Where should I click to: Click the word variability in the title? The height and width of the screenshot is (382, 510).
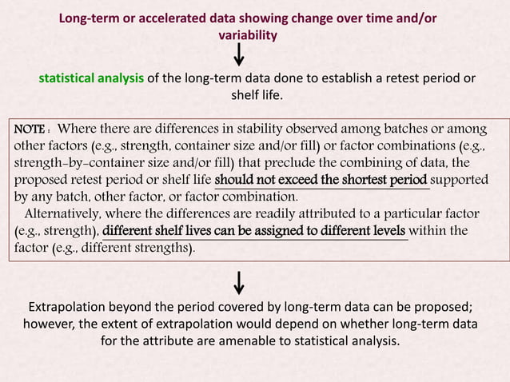tap(248, 35)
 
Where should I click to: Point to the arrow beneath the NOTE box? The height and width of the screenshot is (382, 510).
tap(238, 282)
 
